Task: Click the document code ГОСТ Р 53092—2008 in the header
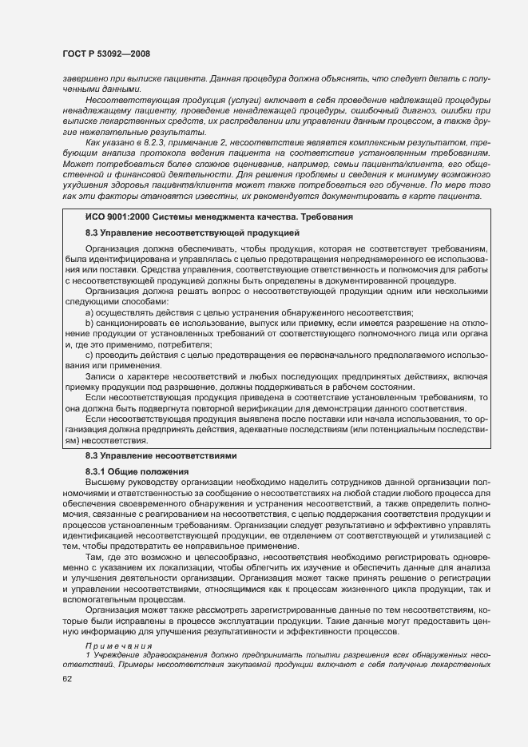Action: click(x=105, y=54)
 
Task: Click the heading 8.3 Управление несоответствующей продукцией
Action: click(x=192, y=232)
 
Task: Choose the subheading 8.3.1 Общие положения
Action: click(x=132, y=471)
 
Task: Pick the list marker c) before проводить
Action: click(x=89, y=354)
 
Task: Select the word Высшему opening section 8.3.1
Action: click(x=104, y=483)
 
